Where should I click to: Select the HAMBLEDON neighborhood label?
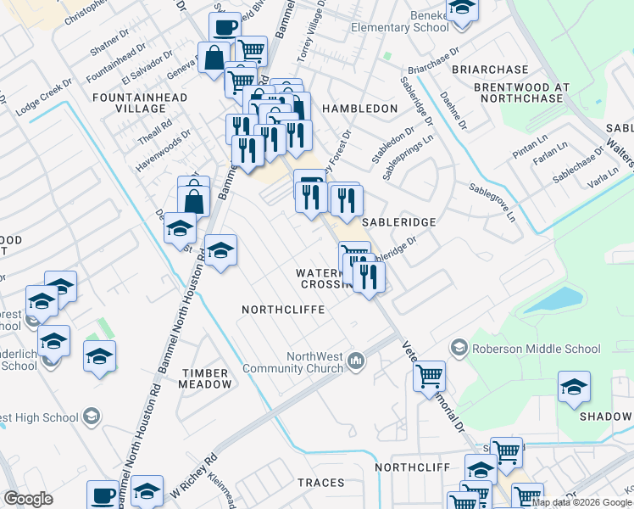(x=359, y=109)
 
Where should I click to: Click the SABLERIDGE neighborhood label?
(x=398, y=222)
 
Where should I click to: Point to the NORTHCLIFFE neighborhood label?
(x=283, y=310)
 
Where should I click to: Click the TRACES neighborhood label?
(x=320, y=483)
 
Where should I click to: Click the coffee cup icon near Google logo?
(x=104, y=495)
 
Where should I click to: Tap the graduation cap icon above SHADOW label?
(x=574, y=388)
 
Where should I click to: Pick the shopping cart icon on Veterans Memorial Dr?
(x=430, y=375)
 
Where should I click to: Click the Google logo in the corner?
(x=29, y=499)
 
